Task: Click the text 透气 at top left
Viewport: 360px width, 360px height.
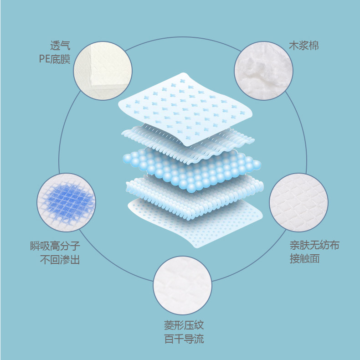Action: tap(60, 46)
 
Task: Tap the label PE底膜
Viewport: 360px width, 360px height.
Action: tap(55, 59)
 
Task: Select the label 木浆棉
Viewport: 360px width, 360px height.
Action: tap(303, 46)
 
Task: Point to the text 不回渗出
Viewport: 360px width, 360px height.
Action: tap(60, 260)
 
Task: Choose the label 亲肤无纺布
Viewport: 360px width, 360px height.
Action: tap(314, 245)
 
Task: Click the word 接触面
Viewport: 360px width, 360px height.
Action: tap(304, 259)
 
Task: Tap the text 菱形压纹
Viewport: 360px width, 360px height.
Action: tap(184, 325)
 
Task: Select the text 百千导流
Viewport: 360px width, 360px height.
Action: tap(184, 339)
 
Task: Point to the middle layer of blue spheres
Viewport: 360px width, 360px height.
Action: tap(191, 169)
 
